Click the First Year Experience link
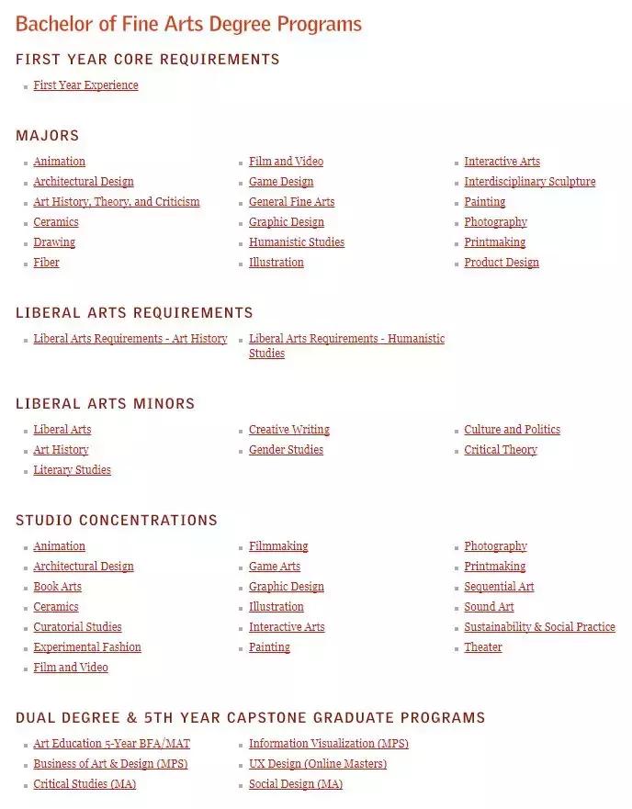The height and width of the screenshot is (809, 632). (x=85, y=85)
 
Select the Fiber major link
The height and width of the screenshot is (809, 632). (x=46, y=263)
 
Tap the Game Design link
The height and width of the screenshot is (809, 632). (x=281, y=182)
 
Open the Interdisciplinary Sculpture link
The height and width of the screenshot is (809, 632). (x=529, y=182)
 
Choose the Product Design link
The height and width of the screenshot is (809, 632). (x=502, y=263)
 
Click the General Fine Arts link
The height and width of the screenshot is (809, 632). (x=291, y=202)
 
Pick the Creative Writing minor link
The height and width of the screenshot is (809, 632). (x=288, y=430)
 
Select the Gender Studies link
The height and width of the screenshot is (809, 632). (x=286, y=450)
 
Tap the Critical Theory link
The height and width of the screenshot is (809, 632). (x=500, y=450)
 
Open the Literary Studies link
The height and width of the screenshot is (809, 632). (x=72, y=470)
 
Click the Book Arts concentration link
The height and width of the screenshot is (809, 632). (x=57, y=587)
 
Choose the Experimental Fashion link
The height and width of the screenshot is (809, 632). (x=87, y=647)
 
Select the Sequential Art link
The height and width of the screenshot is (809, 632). (x=499, y=587)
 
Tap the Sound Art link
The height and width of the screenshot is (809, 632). (x=489, y=607)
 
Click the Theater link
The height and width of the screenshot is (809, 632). (x=483, y=647)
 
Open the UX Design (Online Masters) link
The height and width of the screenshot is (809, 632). (x=318, y=764)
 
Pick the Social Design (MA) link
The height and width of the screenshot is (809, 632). (x=296, y=784)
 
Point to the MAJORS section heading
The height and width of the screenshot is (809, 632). (x=48, y=136)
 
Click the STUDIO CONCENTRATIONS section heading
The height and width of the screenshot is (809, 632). (x=117, y=521)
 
